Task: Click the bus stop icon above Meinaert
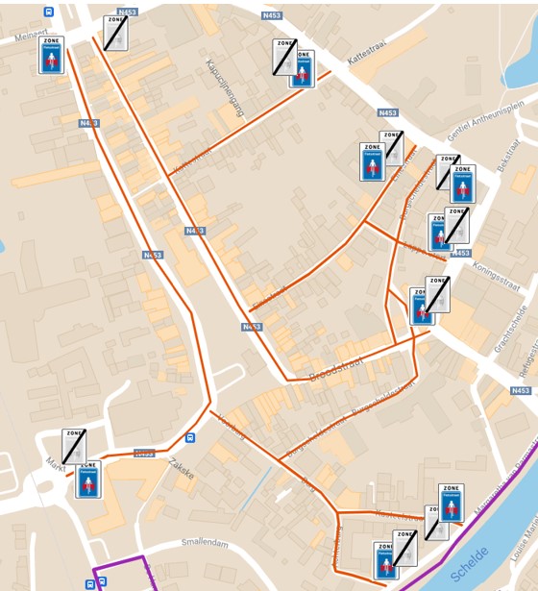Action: tap(49, 12)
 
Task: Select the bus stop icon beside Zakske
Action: tap(190, 438)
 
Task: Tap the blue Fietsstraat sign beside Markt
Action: tap(88, 479)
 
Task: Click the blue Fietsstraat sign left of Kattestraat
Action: tap(302, 69)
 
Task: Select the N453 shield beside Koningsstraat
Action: tap(461, 254)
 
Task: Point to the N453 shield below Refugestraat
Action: tap(520, 390)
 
